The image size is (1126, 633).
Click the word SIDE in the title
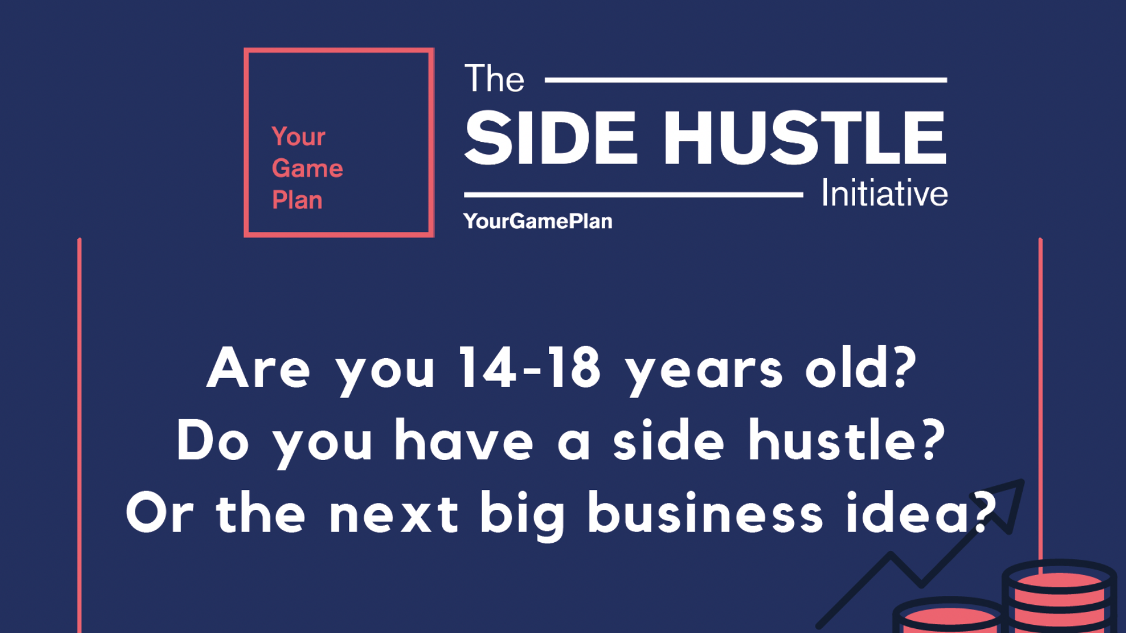(x=551, y=138)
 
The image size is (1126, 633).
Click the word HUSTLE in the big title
(x=805, y=138)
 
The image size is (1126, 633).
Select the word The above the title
(x=494, y=79)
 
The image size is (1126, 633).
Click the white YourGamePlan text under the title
(x=538, y=221)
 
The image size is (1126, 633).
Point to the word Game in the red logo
(x=307, y=168)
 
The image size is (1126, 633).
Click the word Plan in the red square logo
(x=297, y=200)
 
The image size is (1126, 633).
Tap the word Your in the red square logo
(x=299, y=137)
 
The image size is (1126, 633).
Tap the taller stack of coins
(x=1059, y=596)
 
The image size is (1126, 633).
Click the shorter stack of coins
(x=948, y=615)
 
